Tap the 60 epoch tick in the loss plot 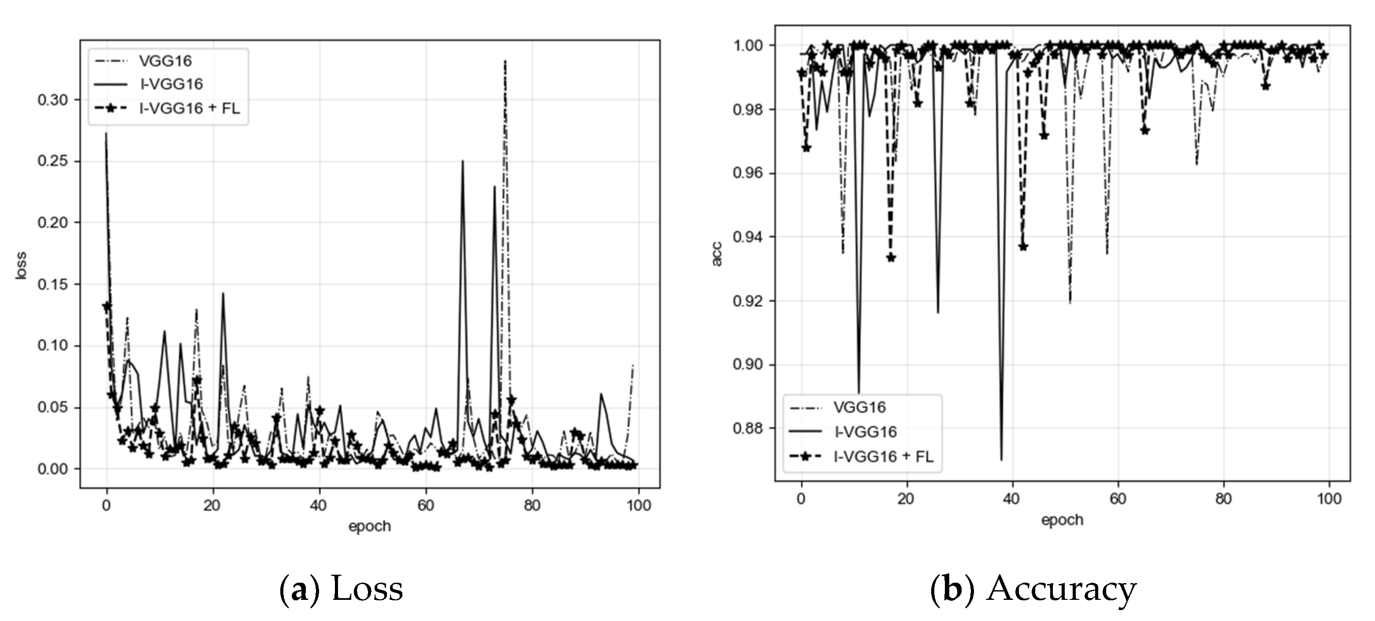point(425,505)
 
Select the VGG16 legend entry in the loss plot point(165,61)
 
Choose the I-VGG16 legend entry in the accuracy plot point(865,432)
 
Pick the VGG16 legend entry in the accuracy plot point(860,407)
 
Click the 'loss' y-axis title point(21,265)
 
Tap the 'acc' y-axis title point(717,254)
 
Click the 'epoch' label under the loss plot point(369,527)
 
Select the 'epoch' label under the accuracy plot point(1062,520)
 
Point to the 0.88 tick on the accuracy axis point(747,429)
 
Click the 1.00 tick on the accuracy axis point(747,45)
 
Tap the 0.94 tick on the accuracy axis point(747,237)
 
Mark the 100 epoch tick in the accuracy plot point(1329,499)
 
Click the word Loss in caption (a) point(367,589)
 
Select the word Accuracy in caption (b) point(1061,589)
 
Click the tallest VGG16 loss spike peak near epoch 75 point(505,61)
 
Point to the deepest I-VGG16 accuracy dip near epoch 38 point(1001,459)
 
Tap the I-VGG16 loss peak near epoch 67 point(463,161)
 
